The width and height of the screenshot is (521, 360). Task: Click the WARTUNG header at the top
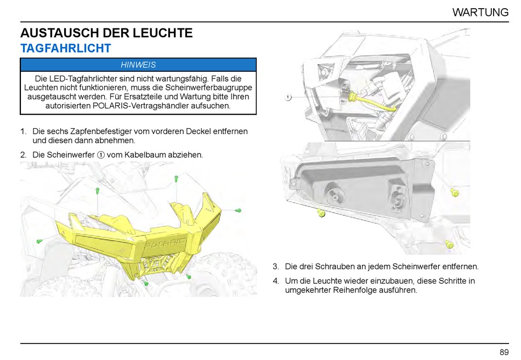[x=480, y=12]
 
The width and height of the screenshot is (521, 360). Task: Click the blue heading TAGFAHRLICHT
[x=66, y=49]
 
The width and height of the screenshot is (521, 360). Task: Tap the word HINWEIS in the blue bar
[x=138, y=65]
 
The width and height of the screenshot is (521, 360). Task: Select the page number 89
[x=504, y=352]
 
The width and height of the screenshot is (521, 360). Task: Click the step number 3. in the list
[x=276, y=267]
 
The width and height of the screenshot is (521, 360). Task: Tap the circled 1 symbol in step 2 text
[x=101, y=155]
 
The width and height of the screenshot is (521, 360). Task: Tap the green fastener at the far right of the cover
[x=239, y=210]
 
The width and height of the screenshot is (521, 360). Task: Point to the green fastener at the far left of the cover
[x=39, y=241]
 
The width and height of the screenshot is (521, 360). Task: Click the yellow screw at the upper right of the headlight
[x=454, y=192]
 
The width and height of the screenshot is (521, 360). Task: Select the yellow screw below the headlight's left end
[x=322, y=213]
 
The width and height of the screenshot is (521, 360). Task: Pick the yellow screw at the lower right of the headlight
[x=449, y=244]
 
